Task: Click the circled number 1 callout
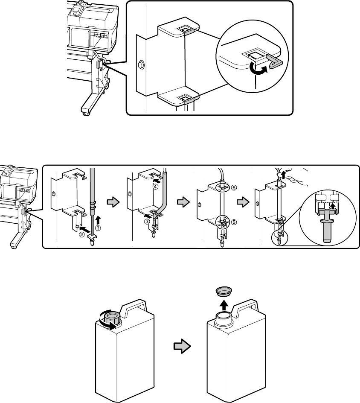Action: pyautogui.click(x=98, y=228)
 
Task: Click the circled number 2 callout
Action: pyautogui.click(x=81, y=234)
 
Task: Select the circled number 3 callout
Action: pyautogui.click(x=147, y=221)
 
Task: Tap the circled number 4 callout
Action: pyautogui.click(x=156, y=187)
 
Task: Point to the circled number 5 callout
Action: pyautogui.click(x=234, y=222)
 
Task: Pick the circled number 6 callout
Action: pyautogui.click(x=234, y=188)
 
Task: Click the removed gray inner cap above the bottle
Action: pyautogui.click(x=224, y=291)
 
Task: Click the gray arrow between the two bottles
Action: pyautogui.click(x=182, y=347)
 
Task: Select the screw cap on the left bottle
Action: pyautogui.click(x=112, y=318)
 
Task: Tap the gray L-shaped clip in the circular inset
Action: pyautogui.click(x=275, y=61)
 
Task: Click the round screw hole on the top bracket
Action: pyautogui.click(x=141, y=65)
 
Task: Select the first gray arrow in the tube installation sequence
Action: pyautogui.click(x=113, y=202)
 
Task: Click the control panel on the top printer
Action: pyautogui.click(x=76, y=11)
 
